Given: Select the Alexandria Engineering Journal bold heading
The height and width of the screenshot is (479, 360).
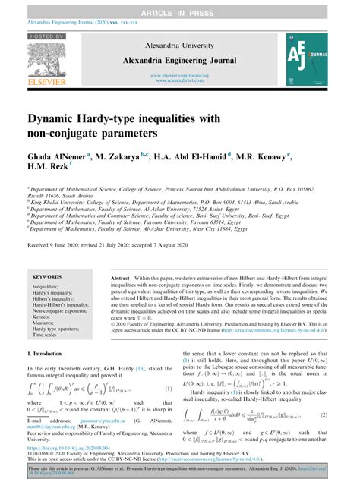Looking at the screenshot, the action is pos(180,58).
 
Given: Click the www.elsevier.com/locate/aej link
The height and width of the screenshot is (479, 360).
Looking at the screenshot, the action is pos(180,75).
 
